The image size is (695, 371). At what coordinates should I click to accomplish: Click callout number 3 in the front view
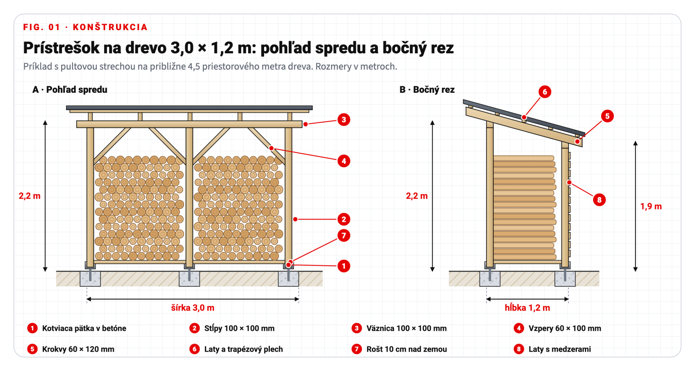(x=344, y=120)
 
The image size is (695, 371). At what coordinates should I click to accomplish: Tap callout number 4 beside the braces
(x=344, y=161)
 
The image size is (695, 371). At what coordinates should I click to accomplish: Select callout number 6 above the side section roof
(x=545, y=92)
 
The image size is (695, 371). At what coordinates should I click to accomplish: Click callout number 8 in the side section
(x=599, y=200)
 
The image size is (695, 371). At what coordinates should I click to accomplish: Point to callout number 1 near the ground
(x=344, y=266)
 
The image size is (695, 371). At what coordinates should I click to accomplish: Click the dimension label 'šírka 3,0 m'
(x=193, y=308)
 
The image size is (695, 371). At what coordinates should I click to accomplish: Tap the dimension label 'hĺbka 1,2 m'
(x=527, y=308)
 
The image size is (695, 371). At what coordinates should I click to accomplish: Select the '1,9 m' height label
(x=651, y=206)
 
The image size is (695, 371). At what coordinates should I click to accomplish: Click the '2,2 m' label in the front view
(x=30, y=196)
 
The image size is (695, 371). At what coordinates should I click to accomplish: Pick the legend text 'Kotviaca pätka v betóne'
(x=84, y=328)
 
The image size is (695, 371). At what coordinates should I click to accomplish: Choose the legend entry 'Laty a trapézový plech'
(x=244, y=349)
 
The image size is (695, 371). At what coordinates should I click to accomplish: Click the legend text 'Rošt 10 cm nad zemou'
(x=407, y=349)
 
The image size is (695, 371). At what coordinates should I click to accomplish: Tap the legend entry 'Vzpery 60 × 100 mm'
(x=565, y=328)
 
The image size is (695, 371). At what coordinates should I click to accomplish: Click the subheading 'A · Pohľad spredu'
(x=70, y=90)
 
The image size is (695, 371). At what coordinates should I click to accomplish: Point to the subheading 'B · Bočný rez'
(x=427, y=90)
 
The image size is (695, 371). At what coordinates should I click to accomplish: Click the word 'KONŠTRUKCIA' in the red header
(x=110, y=27)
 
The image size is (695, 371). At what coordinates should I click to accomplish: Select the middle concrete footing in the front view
(x=189, y=279)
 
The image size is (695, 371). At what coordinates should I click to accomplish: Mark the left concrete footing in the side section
(x=490, y=279)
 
